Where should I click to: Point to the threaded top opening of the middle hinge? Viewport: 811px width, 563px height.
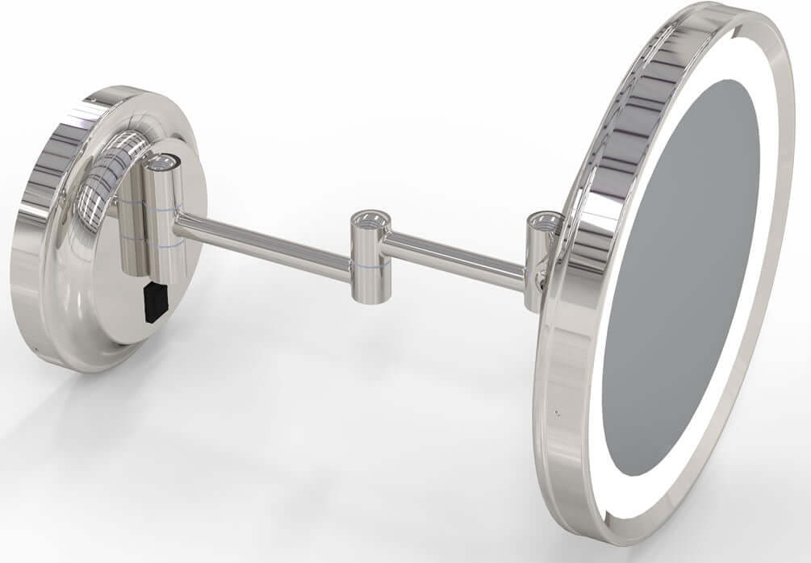[370, 219]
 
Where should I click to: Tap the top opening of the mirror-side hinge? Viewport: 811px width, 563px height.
[544, 219]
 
